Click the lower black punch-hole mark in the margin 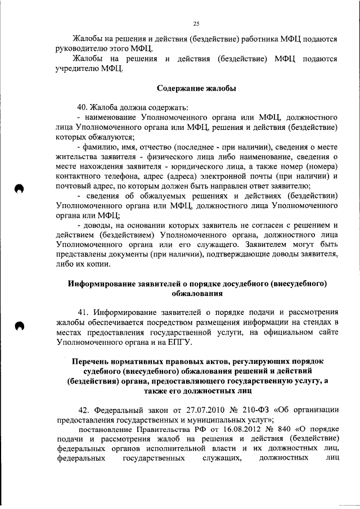[x=20, y=326]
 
